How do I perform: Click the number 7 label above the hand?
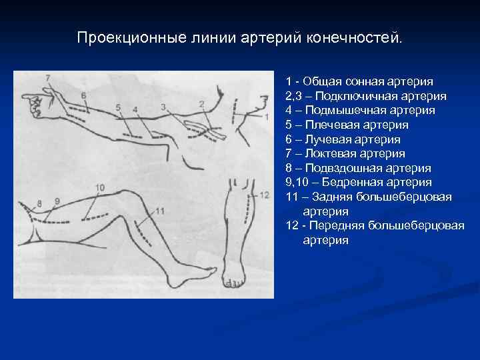pos(47,78)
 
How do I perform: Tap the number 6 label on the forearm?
pos(84,95)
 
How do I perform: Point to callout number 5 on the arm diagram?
pos(118,107)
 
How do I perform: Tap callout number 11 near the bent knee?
pos(159,211)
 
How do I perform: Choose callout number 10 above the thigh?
pos(100,189)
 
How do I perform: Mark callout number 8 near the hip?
pos(39,203)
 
